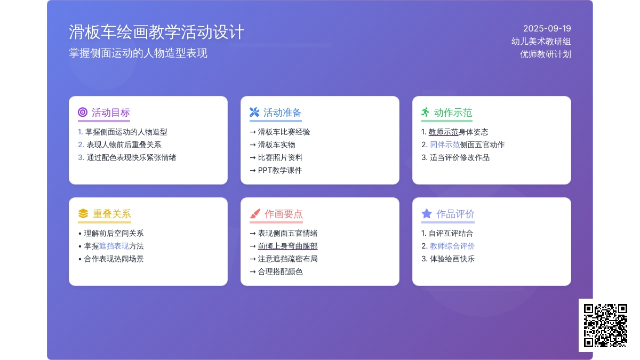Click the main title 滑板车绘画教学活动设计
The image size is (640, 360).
point(157,31)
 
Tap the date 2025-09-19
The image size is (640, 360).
point(547,29)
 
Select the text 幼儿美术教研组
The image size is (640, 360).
point(541,42)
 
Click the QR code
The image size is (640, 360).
point(605,325)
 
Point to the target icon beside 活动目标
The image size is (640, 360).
point(83,112)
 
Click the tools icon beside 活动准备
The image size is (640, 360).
point(254,112)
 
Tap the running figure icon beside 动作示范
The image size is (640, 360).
point(426,112)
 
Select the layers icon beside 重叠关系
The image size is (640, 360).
point(83,213)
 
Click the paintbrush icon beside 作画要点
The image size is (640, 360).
point(255,213)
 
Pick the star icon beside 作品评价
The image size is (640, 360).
point(427,213)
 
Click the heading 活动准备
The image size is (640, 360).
point(282,113)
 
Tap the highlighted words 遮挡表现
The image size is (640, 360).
point(114,246)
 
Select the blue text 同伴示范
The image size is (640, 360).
point(445,145)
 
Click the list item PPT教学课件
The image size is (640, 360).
point(279,170)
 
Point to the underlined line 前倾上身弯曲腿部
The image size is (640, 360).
point(287,246)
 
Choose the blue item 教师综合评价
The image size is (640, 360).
point(452,246)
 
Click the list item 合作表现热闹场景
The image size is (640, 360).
point(114,259)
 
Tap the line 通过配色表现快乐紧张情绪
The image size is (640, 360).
point(131,157)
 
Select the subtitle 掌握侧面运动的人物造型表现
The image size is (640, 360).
point(138,53)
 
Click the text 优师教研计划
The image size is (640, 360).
point(546,54)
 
